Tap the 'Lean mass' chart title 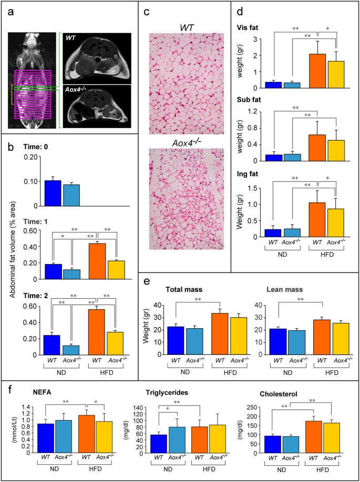[269, 289]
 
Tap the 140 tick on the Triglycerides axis [135, 407]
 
